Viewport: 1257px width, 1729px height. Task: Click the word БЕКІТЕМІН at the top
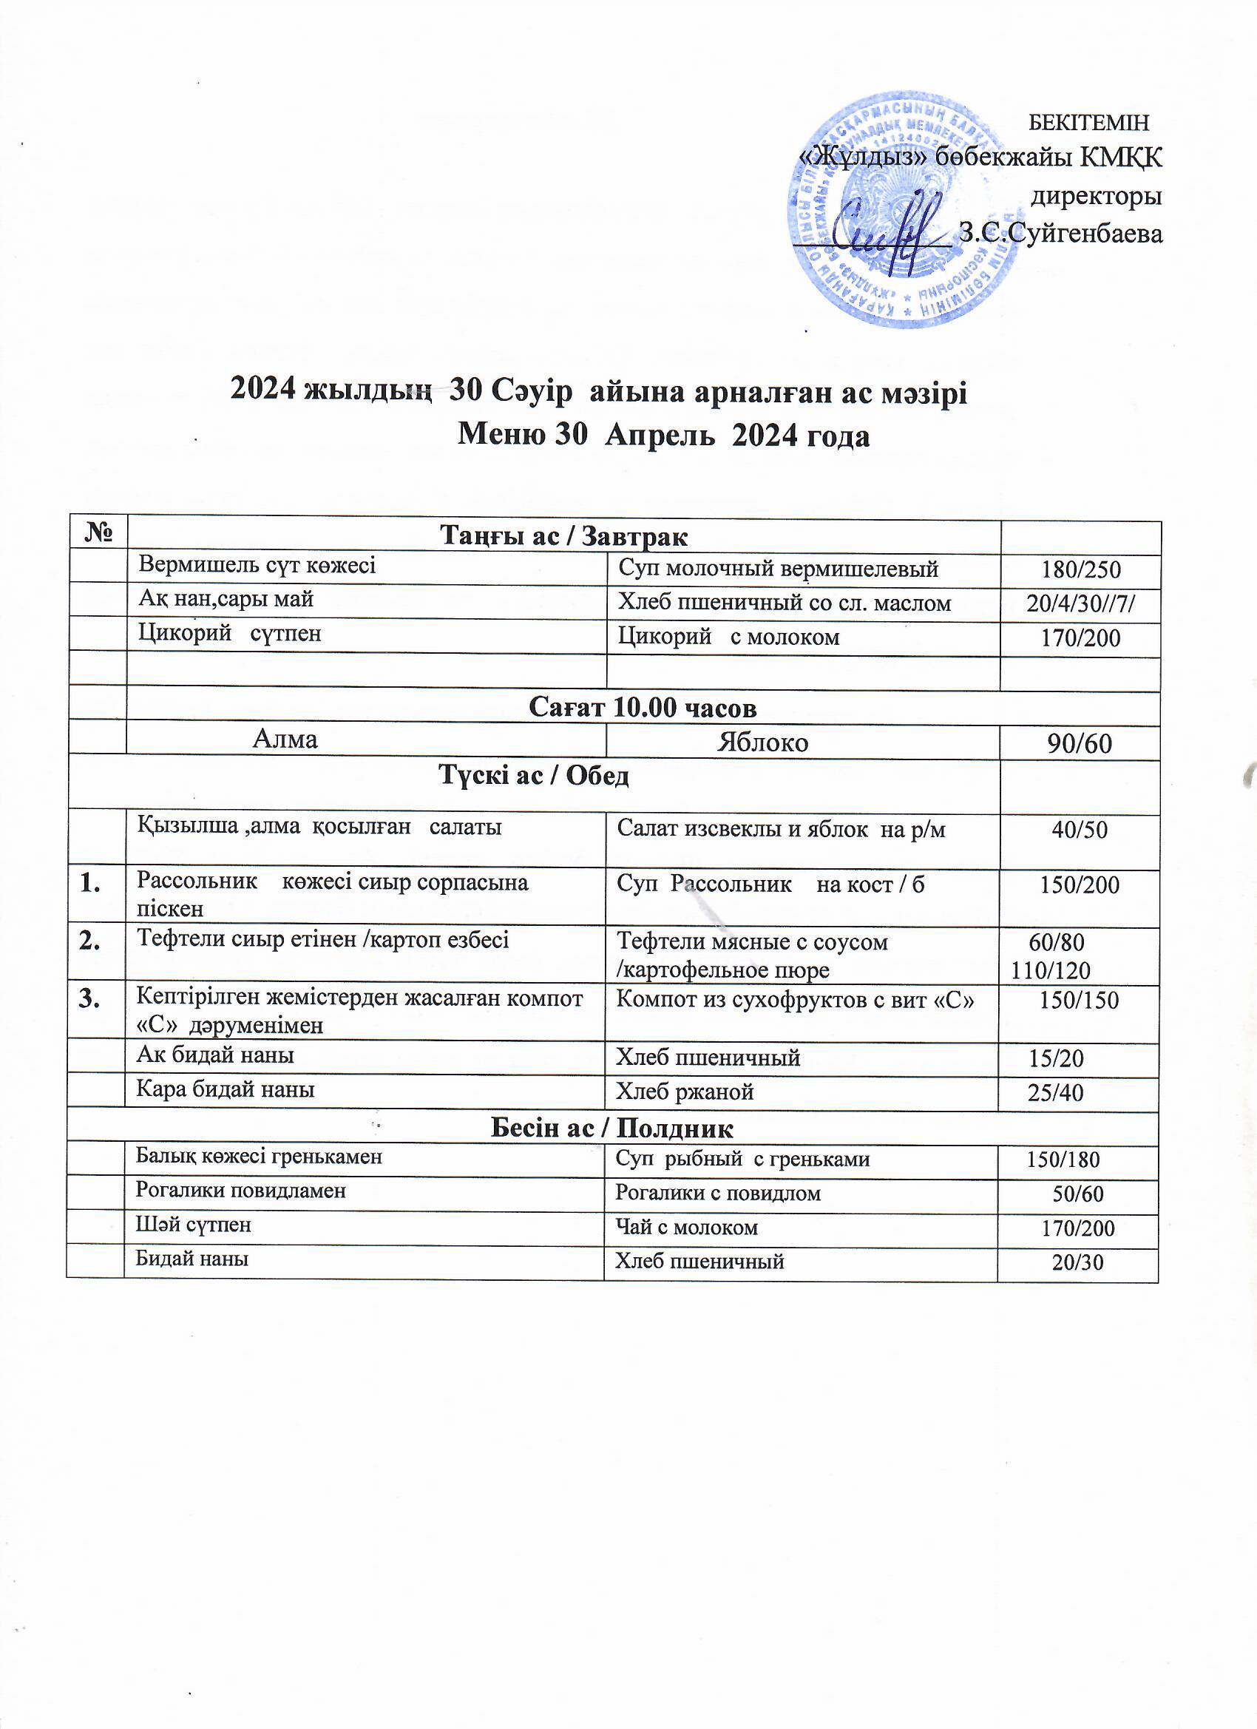point(1088,122)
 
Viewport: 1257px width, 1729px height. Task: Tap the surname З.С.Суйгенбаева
point(1061,233)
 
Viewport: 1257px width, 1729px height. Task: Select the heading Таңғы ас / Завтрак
point(564,537)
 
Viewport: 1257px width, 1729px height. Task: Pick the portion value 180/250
point(1080,569)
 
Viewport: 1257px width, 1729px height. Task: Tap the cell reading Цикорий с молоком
point(728,637)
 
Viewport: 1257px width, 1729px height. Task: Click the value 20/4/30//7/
point(1081,603)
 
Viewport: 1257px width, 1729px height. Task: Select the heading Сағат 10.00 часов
point(643,708)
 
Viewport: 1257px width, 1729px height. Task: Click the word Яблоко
point(762,742)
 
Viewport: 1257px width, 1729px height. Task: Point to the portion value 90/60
point(1080,743)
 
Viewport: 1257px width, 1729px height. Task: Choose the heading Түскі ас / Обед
point(534,776)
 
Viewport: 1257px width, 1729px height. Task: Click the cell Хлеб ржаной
point(685,1092)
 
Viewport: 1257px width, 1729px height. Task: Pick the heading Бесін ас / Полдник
point(612,1128)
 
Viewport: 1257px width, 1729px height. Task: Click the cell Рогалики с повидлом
point(718,1193)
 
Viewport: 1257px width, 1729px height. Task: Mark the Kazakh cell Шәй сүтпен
point(193,1225)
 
